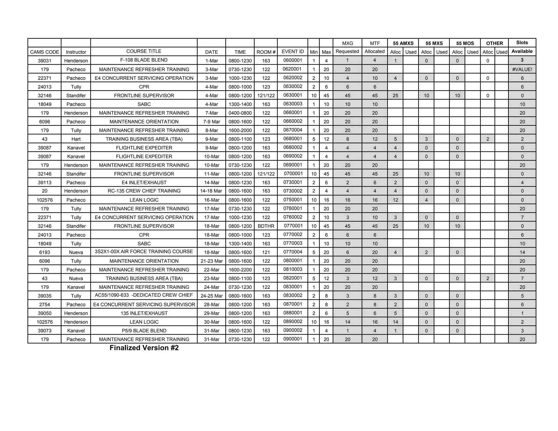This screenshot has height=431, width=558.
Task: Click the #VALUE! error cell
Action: click(522, 69)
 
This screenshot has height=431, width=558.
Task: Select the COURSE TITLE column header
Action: click(144, 51)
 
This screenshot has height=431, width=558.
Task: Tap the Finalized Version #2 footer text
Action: click(144, 348)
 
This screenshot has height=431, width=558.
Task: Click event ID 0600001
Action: click(292, 60)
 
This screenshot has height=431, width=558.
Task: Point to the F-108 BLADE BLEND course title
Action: click(144, 60)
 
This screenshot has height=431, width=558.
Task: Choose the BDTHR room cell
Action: click(266, 226)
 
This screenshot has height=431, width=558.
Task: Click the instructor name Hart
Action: click(76, 139)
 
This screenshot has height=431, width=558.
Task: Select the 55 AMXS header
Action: click(403, 43)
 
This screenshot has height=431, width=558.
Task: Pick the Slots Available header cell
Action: click(522, 47)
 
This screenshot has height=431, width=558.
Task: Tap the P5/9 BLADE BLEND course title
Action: click(144, 330)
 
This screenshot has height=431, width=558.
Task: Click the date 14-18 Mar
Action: click(211, 191)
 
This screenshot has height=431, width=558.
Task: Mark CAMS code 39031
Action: click(44, 60)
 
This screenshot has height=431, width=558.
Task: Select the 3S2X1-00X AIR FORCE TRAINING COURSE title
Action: click(144, 251)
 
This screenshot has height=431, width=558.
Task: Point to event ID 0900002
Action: click(292, 330)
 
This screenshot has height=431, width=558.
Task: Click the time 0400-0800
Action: click(240, 113)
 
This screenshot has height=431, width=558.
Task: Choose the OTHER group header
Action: click(494, 43)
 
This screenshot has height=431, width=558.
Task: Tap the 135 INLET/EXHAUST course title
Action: click(144, 313)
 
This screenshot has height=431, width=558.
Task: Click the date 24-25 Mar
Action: click(211, 296)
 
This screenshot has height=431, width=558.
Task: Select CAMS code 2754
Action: click(44, 304)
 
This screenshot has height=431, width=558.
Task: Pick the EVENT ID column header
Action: click(292, 51)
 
